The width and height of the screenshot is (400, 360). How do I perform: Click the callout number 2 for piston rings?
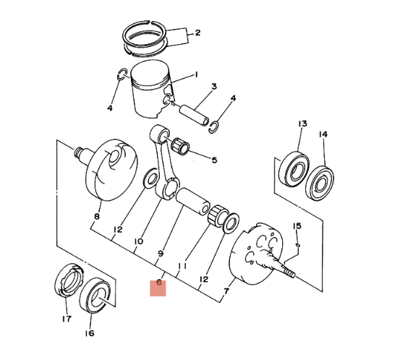tap(197, 33)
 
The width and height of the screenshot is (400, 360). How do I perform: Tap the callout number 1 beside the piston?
tap(196, 74)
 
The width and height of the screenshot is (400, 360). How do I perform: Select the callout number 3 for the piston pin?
tap(214, 87)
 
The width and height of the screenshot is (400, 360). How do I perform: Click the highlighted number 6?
tap(159, 283)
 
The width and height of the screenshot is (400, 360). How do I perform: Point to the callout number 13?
tap(302, 124)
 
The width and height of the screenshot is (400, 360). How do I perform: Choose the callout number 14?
tap(323, 134)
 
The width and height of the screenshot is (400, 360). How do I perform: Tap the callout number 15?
tap(297, 226)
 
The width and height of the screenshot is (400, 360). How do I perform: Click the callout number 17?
tap(67, 319)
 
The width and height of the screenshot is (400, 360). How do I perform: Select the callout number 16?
tap(90, 333)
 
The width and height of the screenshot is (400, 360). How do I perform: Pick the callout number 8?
tap(97, 217)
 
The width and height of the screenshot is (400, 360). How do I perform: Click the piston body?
tap(152, 89)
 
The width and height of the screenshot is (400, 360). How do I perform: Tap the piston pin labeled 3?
tap(195, 115)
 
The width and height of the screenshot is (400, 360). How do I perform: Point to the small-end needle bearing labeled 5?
tap(180, 146)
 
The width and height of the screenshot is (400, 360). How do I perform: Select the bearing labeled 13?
tap(294, 169)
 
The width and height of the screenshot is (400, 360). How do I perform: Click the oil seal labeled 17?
tap(69, 280)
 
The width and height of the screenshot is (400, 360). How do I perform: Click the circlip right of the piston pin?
tap(213, 127)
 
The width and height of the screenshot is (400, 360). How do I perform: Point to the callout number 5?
tap(214, 160)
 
